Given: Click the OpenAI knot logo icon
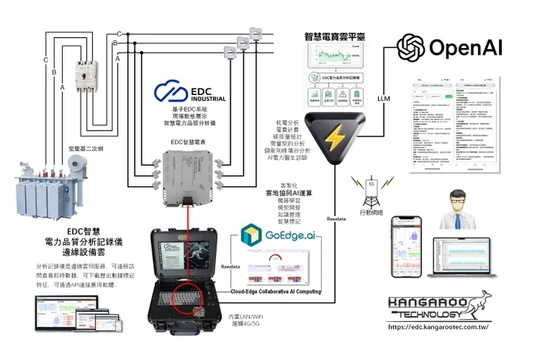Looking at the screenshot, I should [x=412, y=49].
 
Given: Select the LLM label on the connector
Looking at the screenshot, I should [x=384, y=97].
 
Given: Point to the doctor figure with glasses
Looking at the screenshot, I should [x=458, y=209].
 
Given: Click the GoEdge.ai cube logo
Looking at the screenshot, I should [x=251, y=236].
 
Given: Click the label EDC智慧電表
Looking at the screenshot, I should [x=188, y=142].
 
